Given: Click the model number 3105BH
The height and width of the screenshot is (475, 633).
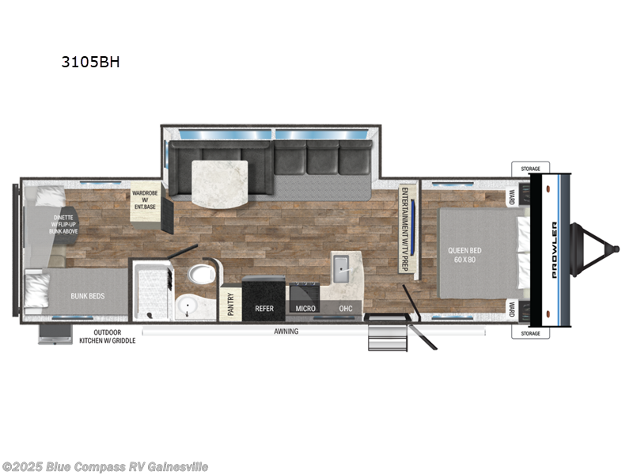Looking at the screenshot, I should point(91,61).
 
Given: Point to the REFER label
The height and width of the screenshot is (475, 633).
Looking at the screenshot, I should point(263,308).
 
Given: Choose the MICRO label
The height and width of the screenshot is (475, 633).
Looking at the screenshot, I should point(305,308).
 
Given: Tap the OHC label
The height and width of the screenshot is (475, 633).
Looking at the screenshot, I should point(345,308).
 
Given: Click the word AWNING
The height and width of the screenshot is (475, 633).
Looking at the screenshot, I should point(286,332).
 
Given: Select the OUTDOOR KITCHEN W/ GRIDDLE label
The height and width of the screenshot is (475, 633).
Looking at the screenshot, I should point(107,336).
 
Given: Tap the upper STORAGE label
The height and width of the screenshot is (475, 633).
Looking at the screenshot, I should point(530,169).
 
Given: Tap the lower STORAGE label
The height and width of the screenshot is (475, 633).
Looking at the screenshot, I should point(530,333).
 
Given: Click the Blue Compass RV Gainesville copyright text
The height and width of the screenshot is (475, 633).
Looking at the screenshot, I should point(105,467).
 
